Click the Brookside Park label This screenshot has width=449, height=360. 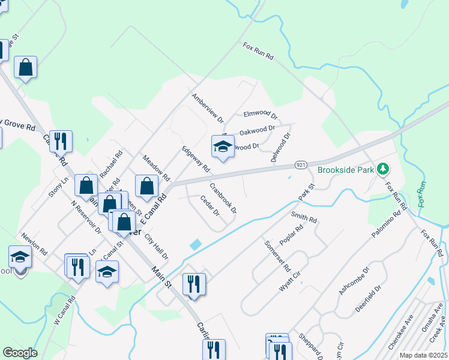coord(346,170)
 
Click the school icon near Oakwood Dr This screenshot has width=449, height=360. coord(222,147)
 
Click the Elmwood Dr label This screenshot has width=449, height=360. coord(261,114)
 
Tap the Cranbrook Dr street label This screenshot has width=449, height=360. coord(223,198)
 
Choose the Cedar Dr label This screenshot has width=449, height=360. coord(209,208)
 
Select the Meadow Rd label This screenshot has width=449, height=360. coord(156,169)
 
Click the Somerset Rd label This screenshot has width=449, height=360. coord(278,256)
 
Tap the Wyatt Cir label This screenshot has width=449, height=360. coord(289,281)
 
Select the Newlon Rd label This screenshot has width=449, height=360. coord(34,244)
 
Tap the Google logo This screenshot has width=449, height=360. coord(20,353)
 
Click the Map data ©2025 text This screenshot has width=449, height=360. coord(423,355)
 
